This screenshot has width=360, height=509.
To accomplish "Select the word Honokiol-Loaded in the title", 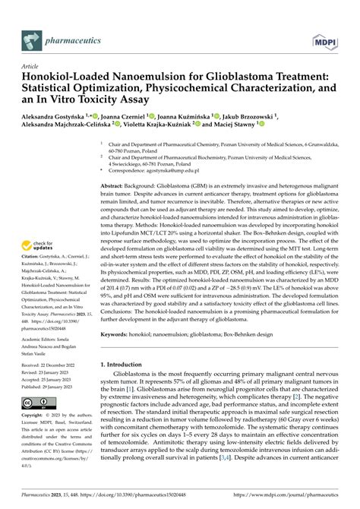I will coord(68,77).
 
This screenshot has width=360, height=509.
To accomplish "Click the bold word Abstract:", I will coord(116,185).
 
